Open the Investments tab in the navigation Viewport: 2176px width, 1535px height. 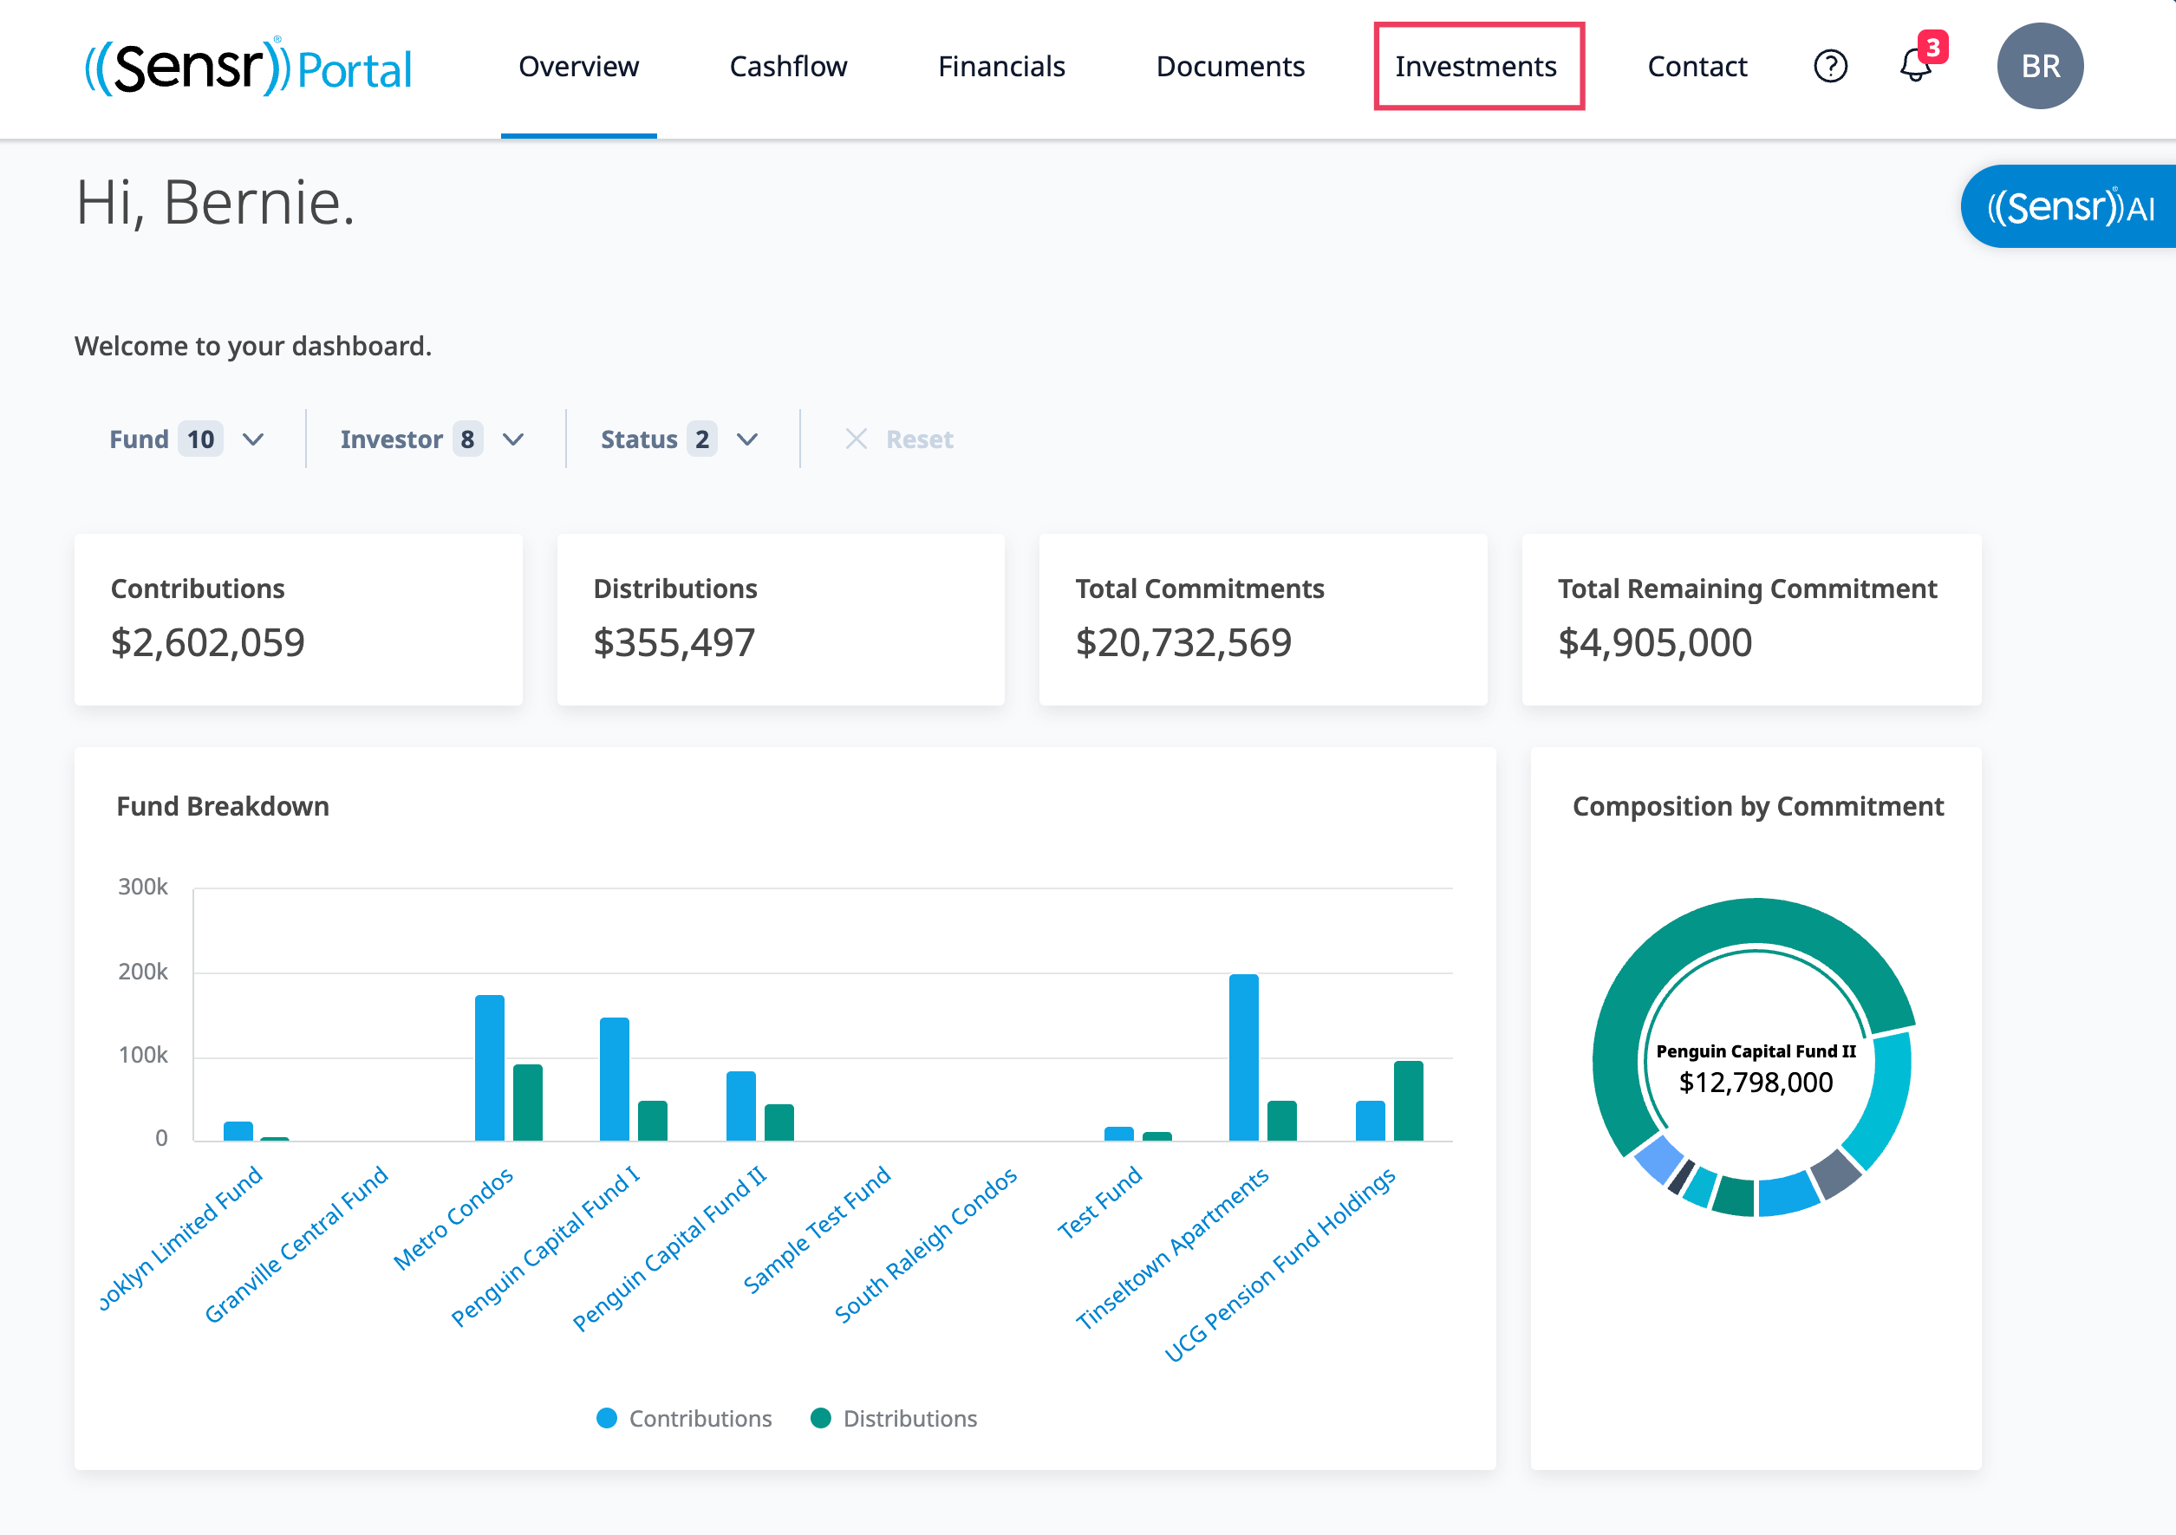pos(1476,67)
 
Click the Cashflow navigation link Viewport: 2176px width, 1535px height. pos(787,67)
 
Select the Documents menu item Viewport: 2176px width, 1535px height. pos(1230,67)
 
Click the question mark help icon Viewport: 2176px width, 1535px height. pos(1830,67)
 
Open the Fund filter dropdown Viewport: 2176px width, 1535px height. pos(186,439)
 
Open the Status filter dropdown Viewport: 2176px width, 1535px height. pos(680,439)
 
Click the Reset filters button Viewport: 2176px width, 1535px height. pos(899,439)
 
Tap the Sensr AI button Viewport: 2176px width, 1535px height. pos(2068,206)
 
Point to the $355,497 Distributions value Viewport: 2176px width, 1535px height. pos(674,642)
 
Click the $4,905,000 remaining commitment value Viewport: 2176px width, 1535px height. pos(1655,642)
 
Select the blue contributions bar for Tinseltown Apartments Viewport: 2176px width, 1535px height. pos(1243,1057)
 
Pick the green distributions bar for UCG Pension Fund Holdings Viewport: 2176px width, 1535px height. pos(1409,1101)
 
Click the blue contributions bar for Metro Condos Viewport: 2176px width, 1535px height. pos(489,1068)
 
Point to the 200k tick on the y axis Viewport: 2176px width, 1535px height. pos(143,972)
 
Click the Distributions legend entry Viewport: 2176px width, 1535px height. pos(894,1419)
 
